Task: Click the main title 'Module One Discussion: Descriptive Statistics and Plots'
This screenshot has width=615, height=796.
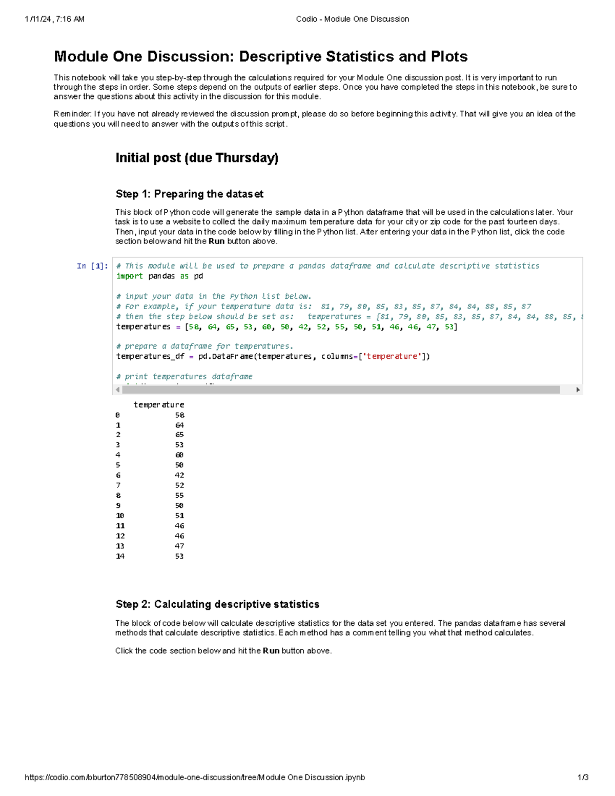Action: pos(260,56)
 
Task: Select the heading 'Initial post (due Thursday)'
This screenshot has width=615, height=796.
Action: pos(197,158)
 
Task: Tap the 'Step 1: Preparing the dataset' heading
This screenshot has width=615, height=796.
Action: pos(189,194)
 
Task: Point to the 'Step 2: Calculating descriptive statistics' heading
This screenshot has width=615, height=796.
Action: pos(217,604)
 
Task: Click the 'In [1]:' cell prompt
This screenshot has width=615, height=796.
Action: pos(92,266)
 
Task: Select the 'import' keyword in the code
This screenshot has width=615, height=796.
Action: pos(129,276)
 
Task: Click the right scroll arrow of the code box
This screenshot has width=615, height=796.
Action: pos(578,390)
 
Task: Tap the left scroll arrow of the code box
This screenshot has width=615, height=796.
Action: pos(118,390)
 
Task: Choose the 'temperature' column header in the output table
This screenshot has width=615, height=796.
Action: pos(158,404)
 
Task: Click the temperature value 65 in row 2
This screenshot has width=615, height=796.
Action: pos(179,435)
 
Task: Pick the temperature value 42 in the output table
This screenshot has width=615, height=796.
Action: pos(179,475)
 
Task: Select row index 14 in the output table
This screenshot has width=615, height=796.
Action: pos(120,556)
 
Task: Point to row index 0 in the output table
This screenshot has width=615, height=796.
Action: pos(117,415)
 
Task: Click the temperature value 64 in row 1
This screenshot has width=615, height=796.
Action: pos(179,425)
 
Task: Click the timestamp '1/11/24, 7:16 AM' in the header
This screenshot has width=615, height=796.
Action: pos(54,19)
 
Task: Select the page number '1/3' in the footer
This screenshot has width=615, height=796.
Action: pos(583,777)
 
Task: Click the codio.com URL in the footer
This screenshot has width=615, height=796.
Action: pos(195,777)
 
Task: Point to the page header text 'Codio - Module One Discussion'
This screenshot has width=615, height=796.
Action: pos(352,19)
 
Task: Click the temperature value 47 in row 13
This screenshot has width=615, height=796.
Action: pos(179,546)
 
